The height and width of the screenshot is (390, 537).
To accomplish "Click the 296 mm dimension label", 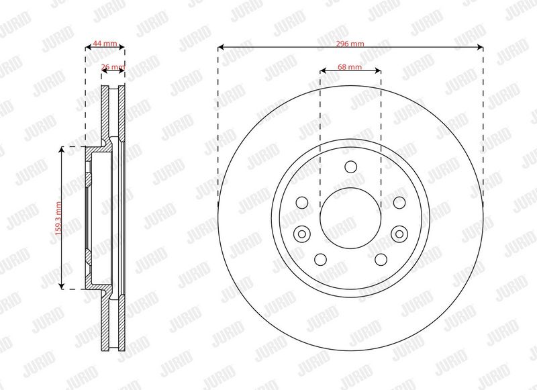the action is pyautogui.click(x=350, y=44).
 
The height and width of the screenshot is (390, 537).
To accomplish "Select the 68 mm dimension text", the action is pyautogui.click(x=350, y=67).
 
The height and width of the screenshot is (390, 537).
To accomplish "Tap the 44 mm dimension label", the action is pyautogui.click(x=105, y=44).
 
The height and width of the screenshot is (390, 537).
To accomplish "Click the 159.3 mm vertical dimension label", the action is pyautogui.click(x=58, y=218).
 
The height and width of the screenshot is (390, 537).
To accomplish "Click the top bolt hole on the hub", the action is pyautogui.click(x=350, y=167).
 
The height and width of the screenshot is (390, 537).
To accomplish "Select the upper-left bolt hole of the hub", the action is pyautogui.click(x=302, y=203).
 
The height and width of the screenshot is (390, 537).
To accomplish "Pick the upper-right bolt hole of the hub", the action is pyautogui.click(x=399, y=203).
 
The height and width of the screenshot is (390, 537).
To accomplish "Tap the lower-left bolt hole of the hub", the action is pyautogui.click(x=321, y=260).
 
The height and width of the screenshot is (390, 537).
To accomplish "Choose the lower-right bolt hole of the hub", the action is pyautogui.click(x=381, y=260).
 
